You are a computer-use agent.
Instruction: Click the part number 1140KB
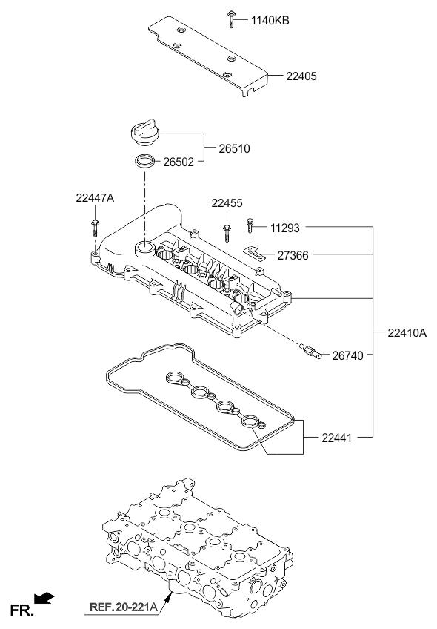[270, 21]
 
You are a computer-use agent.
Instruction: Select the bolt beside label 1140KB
[230, 19]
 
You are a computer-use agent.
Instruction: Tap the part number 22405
[301, 76]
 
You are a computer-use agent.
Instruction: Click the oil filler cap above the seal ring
[144, 133]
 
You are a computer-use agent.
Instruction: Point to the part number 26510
[234, 149]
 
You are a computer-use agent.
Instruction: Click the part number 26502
[179, 162]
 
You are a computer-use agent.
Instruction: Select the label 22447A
[95, 198]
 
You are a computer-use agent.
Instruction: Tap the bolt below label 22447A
[96, 228]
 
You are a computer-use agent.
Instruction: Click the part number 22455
[227, 203]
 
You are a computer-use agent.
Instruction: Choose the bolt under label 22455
[227, 233]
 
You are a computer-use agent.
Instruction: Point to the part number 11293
[285, 228]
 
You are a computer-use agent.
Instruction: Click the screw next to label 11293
[250, 225]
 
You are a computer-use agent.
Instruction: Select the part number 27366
[293, 255]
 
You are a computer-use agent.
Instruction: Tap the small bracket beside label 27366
[254, 254]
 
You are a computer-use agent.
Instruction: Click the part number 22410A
[407, 333]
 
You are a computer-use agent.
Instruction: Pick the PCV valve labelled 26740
[311, 350]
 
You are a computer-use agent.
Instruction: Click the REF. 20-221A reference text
[124, 607]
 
